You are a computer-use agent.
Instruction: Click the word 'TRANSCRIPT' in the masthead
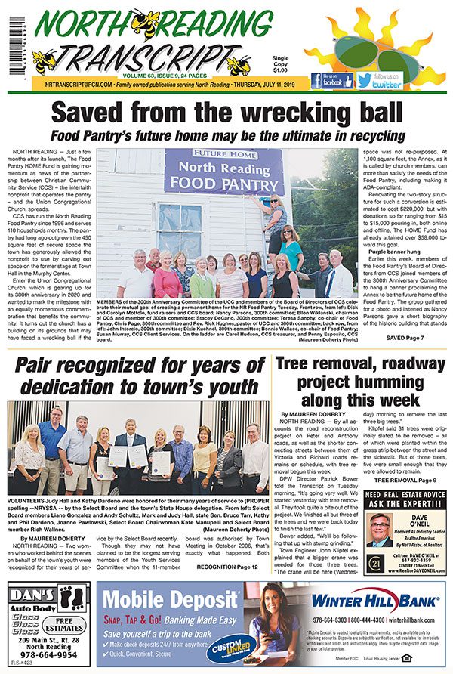159,56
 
